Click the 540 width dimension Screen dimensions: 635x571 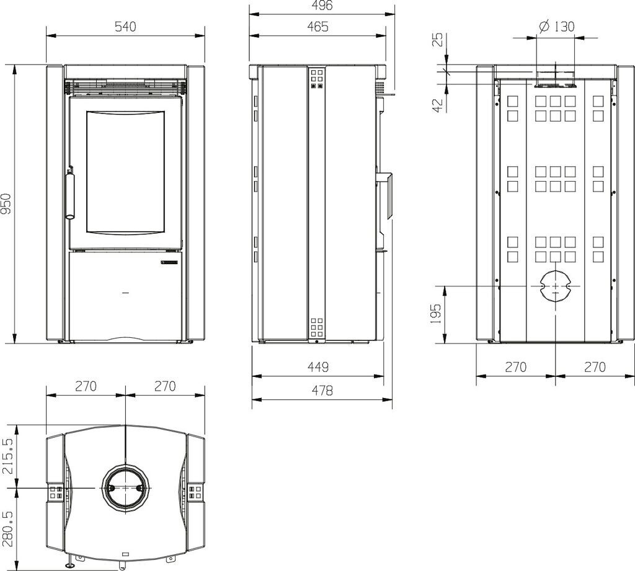125,27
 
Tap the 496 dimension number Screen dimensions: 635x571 322,5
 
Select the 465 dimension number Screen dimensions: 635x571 317,27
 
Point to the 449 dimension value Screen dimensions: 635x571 318,367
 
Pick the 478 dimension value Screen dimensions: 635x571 322,391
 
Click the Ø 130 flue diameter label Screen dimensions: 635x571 557,26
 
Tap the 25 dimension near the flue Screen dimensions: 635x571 438,40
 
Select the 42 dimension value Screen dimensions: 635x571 438,105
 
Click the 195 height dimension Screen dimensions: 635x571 436,314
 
